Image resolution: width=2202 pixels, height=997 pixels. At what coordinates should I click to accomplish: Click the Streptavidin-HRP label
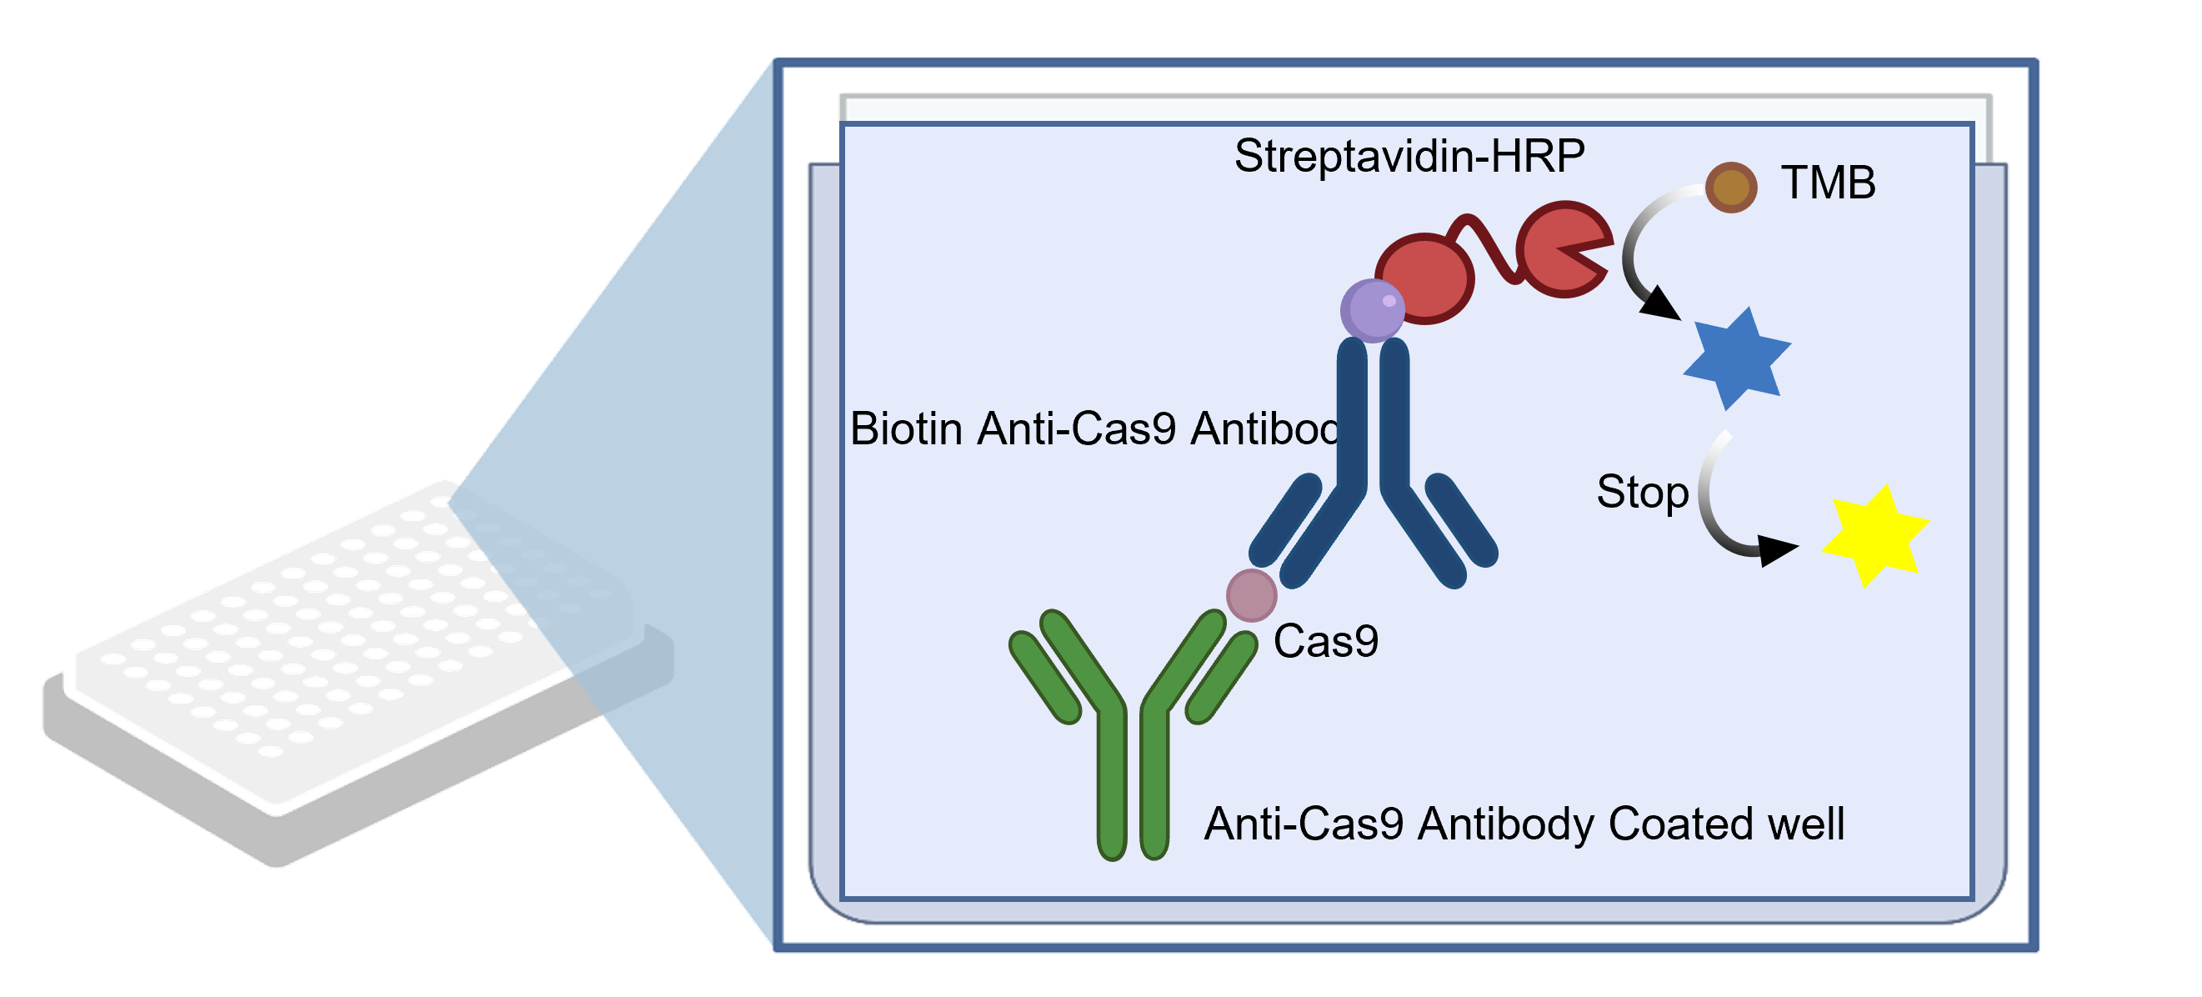pos(1409,157)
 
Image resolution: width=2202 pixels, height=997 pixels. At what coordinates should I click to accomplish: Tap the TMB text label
pos(1828,183)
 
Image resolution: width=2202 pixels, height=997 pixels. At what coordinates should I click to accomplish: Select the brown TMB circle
pos(1731,188)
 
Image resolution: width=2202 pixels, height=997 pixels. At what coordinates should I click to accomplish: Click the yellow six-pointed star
pos(1874,536)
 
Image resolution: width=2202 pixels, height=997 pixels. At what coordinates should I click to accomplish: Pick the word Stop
pos(1642,493)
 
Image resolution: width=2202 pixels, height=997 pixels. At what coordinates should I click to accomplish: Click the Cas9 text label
pos(1326,641)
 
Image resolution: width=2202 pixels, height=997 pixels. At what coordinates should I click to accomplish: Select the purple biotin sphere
pos(1372,310)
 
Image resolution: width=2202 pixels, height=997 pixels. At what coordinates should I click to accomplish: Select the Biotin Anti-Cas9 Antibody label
pos(1094,428)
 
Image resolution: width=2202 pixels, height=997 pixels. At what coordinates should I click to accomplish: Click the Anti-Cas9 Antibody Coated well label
pos(1524,824)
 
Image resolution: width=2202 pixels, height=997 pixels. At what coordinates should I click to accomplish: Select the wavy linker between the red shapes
pos(1495,248)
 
